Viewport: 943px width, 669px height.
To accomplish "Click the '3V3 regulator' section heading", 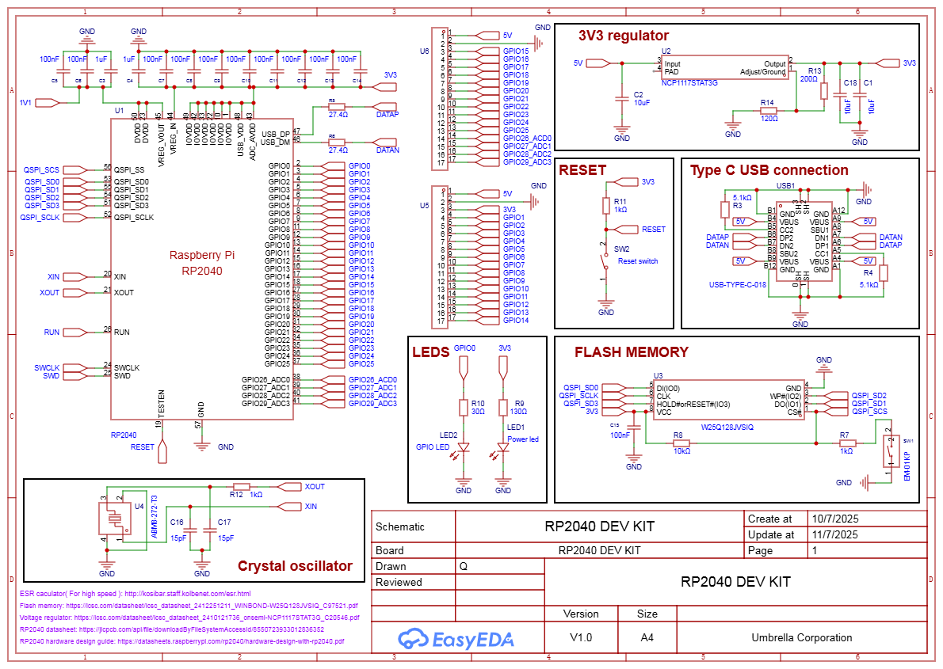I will (623, 36).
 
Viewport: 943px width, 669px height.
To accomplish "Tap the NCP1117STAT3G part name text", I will (689, 82).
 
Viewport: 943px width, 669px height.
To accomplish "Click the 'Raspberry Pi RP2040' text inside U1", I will (202, 263).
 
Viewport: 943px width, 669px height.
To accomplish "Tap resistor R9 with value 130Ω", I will (502, 408).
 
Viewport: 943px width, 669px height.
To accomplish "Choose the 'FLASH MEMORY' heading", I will (631, 352).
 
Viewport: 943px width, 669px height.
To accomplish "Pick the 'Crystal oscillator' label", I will (295, 566).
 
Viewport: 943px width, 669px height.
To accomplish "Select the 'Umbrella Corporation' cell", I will (802, 637).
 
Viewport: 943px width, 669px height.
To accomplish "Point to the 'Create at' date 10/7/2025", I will (834, 519).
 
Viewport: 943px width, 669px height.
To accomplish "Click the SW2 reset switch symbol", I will (606, 265).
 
